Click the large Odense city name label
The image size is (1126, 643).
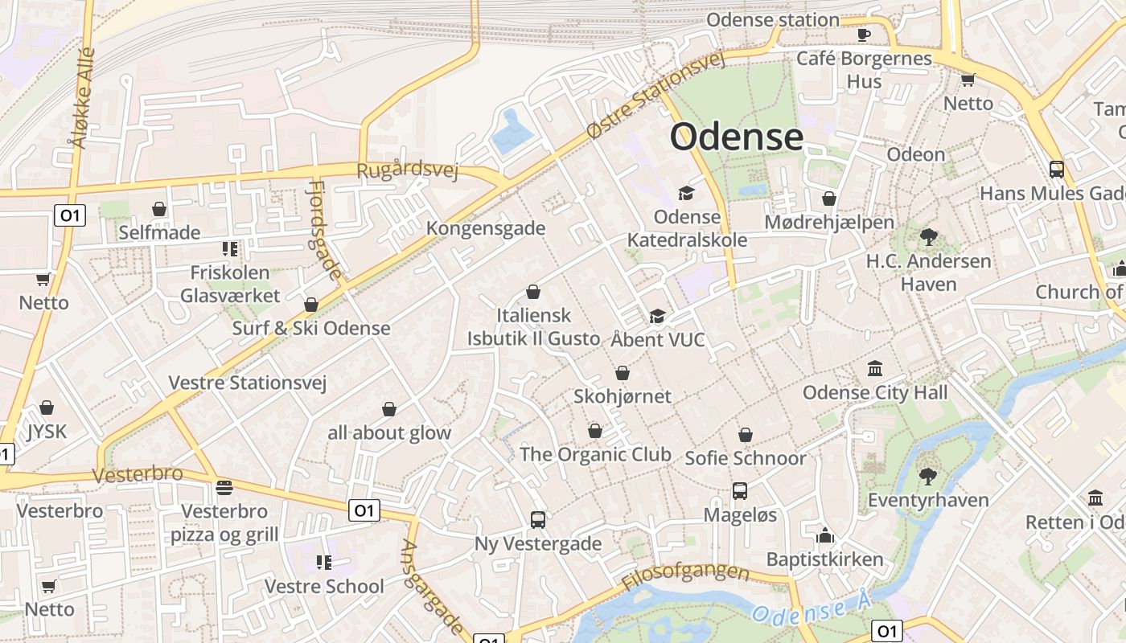pyautogui.click(x=736, y=137)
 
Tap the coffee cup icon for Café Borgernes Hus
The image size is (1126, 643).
pyautogui.click(x=864, y=35)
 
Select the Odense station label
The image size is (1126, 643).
pyautogui.click(x=772, y=19)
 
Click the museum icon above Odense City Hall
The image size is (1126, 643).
pyautogui.click(x=875, y=369)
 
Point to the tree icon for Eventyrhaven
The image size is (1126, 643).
pyautogui.click(x=927, y=476)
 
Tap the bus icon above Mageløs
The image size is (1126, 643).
pyautogui.click(x=739, y=490)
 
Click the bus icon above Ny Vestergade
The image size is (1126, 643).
pyautogui.click(x=538, y=520)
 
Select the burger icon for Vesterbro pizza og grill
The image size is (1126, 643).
pyautogui.click(x=224, y=488)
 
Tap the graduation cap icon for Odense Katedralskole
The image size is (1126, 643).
pyautogui.click(x=686, y=193)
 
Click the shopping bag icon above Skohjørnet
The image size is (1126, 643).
pyautogui.click(x=622, y=373)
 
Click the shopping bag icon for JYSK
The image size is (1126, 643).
pyautogui.click(x=47, y=408)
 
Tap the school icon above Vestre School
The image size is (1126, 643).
pyautogui.click(x=324, y=563)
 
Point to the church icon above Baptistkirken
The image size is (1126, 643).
pyautogui.click(x=824, y=535)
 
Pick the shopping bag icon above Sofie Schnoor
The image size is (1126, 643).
pyautogui.click(x=746, y=435)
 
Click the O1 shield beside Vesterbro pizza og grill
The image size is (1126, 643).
pyautogui.click(x=364, y=510)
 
